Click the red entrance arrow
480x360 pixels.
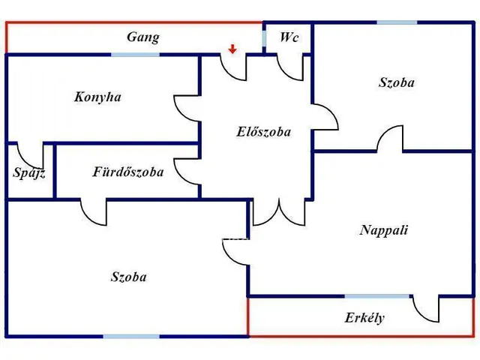coord(233,49)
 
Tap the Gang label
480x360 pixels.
coord(142,37)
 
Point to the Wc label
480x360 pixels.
coord(289,37)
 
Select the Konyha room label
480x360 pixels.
coord(97,97)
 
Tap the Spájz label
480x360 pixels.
coord(29,173)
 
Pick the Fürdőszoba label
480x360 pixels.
coord(127,172)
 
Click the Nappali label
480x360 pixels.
coord(383,230)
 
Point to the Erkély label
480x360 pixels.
coord(364,317)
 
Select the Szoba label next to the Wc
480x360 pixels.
coord(396,82)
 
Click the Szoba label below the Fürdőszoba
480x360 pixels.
coord(128,277)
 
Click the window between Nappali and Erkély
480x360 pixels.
coord(377,296)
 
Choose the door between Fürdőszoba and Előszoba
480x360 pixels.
coord(187,169)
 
